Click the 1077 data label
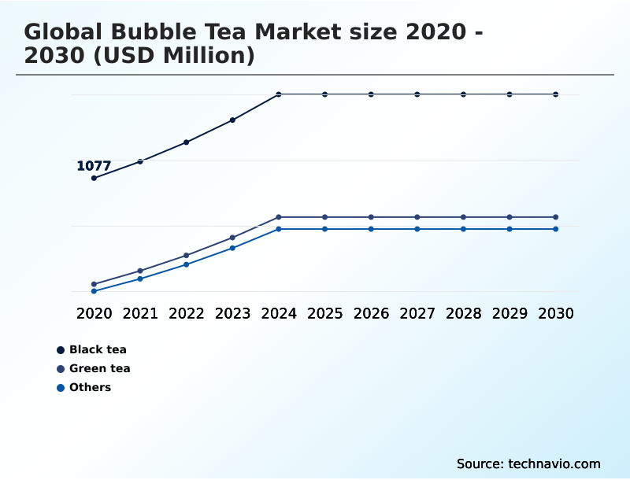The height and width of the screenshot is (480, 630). (x=94, y=166)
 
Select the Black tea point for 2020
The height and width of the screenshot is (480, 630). (x=94, y=178)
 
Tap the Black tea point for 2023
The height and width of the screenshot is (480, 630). (x=232, y=120)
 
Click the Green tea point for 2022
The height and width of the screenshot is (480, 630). (x=187, y=255)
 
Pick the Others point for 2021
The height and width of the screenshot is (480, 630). (x=140, y=279)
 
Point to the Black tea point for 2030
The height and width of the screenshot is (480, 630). (x=556, y=94)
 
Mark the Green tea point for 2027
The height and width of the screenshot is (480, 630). (x=417, y=217)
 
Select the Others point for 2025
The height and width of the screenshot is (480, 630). (x=324, y=229)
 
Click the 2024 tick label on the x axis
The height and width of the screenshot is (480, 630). (x=279, y=313)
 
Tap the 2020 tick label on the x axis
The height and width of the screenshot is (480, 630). (x=94, y=313)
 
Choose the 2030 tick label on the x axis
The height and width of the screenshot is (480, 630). (x=556, y=313)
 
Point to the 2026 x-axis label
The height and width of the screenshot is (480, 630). (x=371, y=313)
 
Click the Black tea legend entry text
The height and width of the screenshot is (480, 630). (x=98, y=349)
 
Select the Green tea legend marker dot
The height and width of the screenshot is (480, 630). (x=61, y=369)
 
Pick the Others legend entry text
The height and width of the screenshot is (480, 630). (x=90, y=387)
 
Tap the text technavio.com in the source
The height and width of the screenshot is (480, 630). (x=554, y=463)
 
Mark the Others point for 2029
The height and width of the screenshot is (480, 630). (x=510, y=229)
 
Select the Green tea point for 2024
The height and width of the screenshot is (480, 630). (x=279, y=217)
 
